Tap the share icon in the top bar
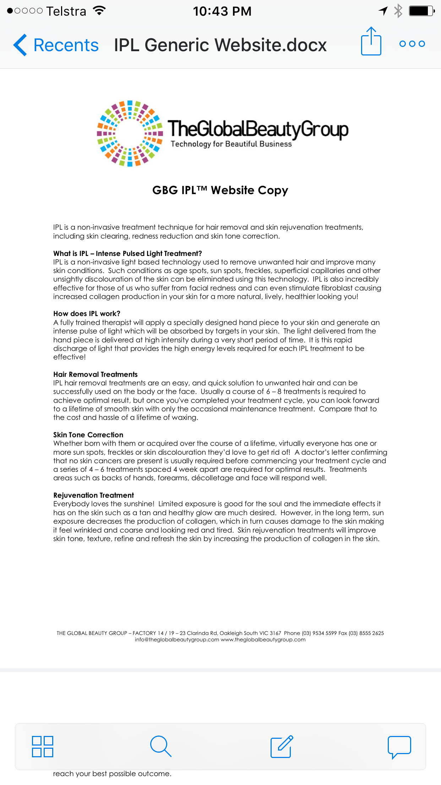pos(371,42)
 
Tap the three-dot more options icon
pos(412,44)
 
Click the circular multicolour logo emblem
pos(130,133)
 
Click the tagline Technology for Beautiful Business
pos(231,144)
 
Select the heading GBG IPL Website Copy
pos(220,190)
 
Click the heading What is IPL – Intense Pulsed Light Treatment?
pos(127,253)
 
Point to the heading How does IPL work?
pos(87,314)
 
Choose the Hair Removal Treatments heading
pos(95,374)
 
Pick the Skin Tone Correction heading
pos(88,435)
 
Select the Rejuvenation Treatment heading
pos(93,495)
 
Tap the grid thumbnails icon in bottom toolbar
pos(43,746)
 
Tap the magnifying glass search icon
pos(161,746)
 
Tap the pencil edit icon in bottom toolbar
pos(282,746)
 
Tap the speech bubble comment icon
pos(399,746)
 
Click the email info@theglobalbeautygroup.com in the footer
pos(177,640)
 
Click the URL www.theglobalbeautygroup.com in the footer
pos(263,640)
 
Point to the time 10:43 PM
pos(222,11)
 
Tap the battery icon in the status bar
pos(421,11)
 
